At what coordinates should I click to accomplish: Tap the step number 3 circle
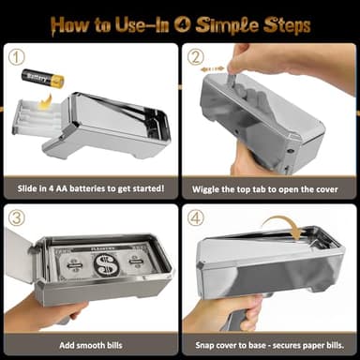16,218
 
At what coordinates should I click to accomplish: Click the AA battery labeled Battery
43,78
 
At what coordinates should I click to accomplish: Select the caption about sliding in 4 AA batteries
89,187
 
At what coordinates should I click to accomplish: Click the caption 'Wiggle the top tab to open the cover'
268,187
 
